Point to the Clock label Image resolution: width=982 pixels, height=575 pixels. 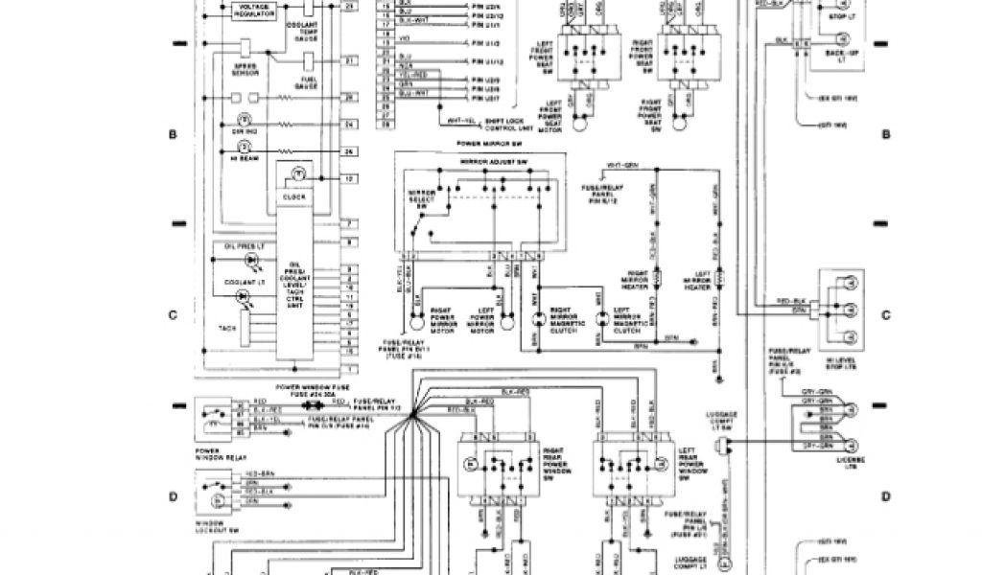tap(294, 196)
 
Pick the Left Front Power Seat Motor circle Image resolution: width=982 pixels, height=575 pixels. tap(579, 124)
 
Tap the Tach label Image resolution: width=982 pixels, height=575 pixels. tap(227, 328)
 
